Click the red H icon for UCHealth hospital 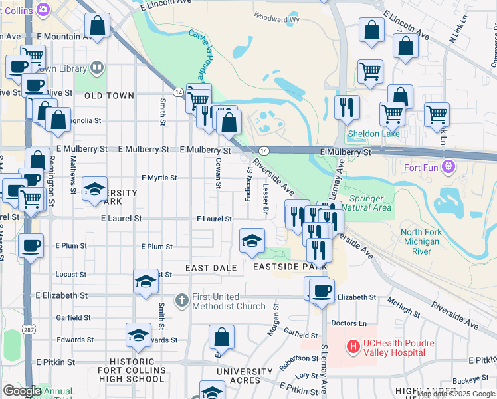coord(353,346)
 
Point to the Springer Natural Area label coord(376,203)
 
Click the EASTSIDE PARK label coord(290,267)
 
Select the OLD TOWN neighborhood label coord(110,96)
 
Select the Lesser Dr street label coord(265,199)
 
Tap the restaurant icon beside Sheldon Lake coord(346,107)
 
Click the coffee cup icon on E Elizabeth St coord(322,290)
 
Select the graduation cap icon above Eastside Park coord(252,241)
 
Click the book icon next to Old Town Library coord(97,68)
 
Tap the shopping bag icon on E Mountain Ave coord(98,26)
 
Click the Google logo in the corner coord(22,391)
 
